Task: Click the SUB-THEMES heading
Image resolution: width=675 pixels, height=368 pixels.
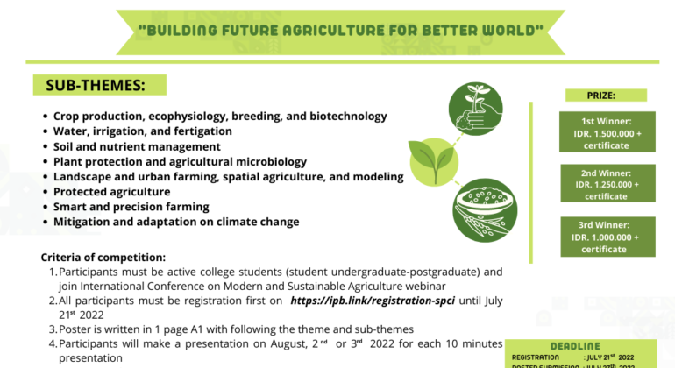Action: pos(89,86)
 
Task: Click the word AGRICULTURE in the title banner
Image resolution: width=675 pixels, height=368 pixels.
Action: pos(340,30)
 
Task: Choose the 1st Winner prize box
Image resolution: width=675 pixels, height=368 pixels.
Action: pos(606,132)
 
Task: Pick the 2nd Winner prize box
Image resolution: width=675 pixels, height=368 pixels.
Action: pos(606,184)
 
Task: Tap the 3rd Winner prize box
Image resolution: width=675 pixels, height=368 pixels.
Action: pos(606,237)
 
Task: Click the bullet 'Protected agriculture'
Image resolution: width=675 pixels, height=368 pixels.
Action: pos(111,191)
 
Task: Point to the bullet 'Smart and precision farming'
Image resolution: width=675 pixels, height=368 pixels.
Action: pos(131,207)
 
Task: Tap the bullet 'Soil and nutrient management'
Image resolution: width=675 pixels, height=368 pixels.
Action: pos(137,146)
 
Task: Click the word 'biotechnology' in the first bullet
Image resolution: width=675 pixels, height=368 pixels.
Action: pos(349,116)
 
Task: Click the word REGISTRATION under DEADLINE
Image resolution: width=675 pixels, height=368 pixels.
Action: pos(536,357)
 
